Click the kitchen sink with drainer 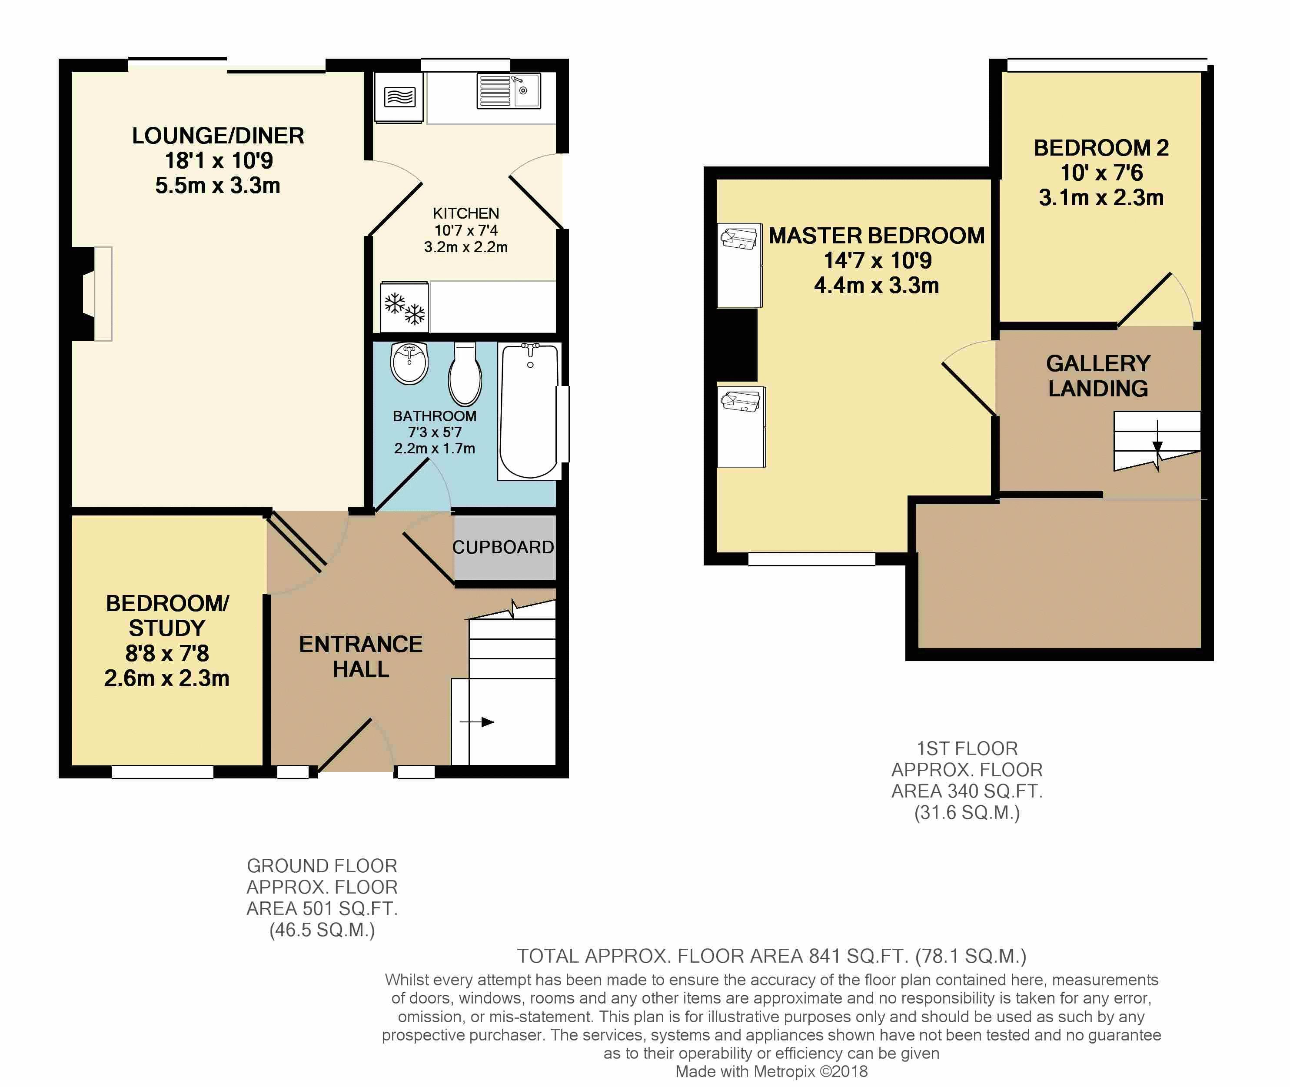[509, 91]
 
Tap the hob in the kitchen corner [399, 97]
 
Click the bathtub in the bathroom [529, 411]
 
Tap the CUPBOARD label [503, 547]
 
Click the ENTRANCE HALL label [361, 656]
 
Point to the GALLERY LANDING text [1098, 375]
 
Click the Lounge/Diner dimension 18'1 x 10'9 [218, 161]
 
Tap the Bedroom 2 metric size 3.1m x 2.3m [1101, 198]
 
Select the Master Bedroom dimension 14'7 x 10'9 [878, 261]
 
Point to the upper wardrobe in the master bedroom [740, 265]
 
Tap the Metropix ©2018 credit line [771, 1072]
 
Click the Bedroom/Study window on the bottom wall [163, 772]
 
